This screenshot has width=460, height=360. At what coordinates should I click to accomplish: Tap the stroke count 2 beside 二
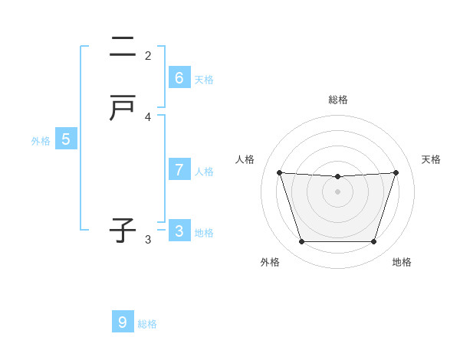tap(148, 56)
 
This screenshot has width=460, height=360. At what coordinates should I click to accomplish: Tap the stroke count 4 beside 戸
tap(148, 117)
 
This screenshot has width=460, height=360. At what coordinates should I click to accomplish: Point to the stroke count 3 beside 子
tap(148, 240)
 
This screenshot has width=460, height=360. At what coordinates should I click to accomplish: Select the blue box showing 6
tap(179, 77)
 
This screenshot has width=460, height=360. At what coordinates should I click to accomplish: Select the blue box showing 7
tap(179, 169)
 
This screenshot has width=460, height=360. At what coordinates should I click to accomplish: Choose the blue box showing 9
tap(123, 322)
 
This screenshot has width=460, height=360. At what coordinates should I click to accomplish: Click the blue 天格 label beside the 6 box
tap(204, 79)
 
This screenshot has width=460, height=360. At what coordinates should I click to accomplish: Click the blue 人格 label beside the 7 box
tap(204, 171)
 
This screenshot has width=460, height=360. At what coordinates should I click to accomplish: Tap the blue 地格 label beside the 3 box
tap(204, 232)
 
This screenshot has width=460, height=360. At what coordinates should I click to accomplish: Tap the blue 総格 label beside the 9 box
tap(147, 323)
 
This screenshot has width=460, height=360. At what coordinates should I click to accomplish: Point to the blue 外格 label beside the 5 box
tap(41, 140)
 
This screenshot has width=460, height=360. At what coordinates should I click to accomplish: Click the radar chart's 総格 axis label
tap(337, 100)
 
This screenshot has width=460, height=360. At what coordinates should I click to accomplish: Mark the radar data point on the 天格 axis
tap(396, 172)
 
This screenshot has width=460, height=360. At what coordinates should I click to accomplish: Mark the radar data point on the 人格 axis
tap(279, 172)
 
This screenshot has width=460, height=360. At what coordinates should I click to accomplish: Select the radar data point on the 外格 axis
tap(301, 242)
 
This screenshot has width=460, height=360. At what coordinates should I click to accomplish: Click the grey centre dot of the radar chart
tap(337, 191)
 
